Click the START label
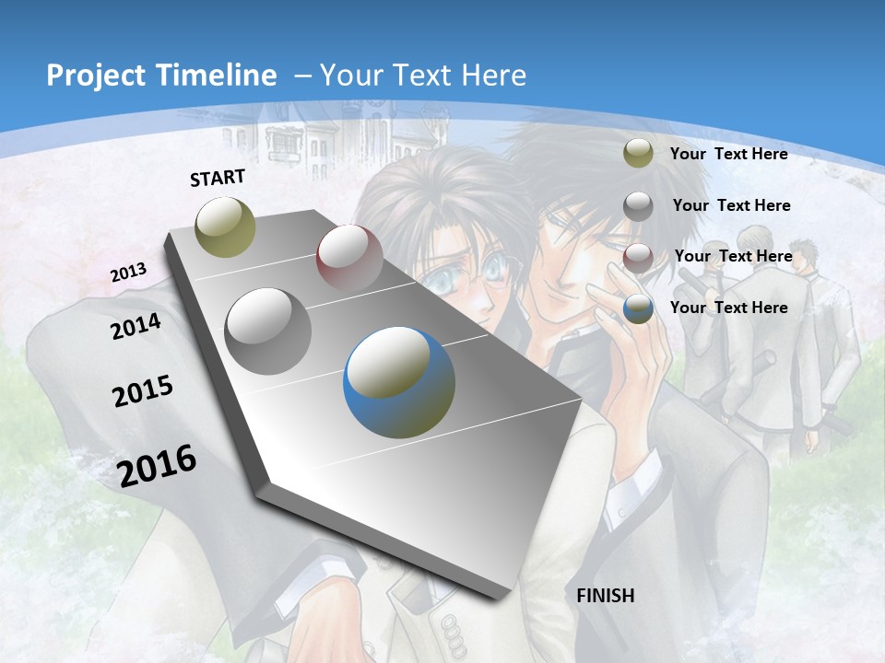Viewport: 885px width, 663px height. (x=218, y=177)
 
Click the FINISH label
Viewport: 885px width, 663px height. (x=605, y=596)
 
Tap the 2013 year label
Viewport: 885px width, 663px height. (x=128, y=273)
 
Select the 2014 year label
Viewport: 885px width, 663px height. (x=136, y=327)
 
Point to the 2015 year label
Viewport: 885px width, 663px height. (x=143, y=391)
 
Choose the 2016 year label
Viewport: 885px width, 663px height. (x=157, y=465)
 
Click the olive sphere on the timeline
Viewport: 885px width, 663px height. (x=226, y=227)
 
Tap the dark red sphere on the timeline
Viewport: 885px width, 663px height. (x=349, y=258)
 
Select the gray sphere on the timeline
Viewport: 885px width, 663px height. (x=268, y=331)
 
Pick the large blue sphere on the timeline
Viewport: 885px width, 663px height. (x=399, y=382)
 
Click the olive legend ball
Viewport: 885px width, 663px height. (x=638, y=154)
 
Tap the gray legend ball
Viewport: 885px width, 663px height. (x=638, y=206)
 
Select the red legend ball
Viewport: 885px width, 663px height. (x=638, y=258)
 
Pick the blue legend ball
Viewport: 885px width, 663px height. (x=638, y=309)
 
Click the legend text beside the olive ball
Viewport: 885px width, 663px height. (x=728, y=154)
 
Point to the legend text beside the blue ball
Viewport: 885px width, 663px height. (x=728, y=308)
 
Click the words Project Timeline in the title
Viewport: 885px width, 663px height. (x=161, y=76)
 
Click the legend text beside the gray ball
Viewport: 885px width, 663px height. (x=731, y=205)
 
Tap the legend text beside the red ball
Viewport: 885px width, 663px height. (x=733, y=256)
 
